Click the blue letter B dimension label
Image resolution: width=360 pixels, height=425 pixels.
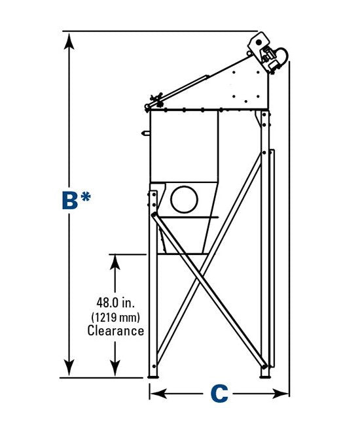(70, 200)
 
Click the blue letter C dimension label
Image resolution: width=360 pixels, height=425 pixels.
(219, 394)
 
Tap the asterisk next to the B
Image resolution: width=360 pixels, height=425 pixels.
(86, 197)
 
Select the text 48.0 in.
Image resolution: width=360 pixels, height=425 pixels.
(116, 303)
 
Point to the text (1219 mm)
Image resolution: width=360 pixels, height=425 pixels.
(116, 317)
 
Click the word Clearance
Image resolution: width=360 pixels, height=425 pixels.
(116, 331)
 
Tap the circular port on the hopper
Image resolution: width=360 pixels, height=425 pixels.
(184, 199)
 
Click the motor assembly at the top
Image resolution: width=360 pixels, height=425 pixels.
(268, 52)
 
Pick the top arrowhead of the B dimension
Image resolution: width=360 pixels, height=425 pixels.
(69, 41)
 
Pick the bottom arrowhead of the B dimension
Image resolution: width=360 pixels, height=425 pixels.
(69, 367)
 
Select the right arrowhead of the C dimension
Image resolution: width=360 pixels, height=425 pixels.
(281, 394)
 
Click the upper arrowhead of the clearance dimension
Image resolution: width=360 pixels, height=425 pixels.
(115, 262)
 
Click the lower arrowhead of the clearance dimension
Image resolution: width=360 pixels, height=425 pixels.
(115, 368)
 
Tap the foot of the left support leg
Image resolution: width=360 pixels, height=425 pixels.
(153, 377)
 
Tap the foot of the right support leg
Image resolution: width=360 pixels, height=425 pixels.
(265, 377)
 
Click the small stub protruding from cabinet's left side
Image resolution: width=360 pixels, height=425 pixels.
(146, 133)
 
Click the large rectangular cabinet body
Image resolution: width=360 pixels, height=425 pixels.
(184, 146)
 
